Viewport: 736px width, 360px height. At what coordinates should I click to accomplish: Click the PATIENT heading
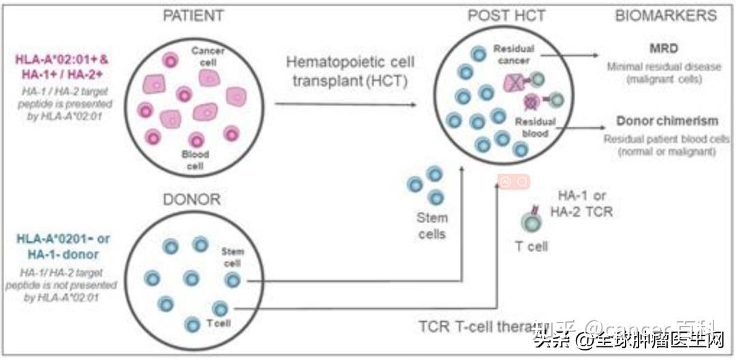point(193,15)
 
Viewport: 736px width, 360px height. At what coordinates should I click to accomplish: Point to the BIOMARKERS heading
point(666,15)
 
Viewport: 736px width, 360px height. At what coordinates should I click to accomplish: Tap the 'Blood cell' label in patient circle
point(196,160)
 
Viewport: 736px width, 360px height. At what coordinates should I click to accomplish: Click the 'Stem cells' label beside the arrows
point(431,226)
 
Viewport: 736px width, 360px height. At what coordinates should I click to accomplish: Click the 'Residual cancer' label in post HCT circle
point(515,55)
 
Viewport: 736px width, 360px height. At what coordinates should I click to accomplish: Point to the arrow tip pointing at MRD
point(598,55)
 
